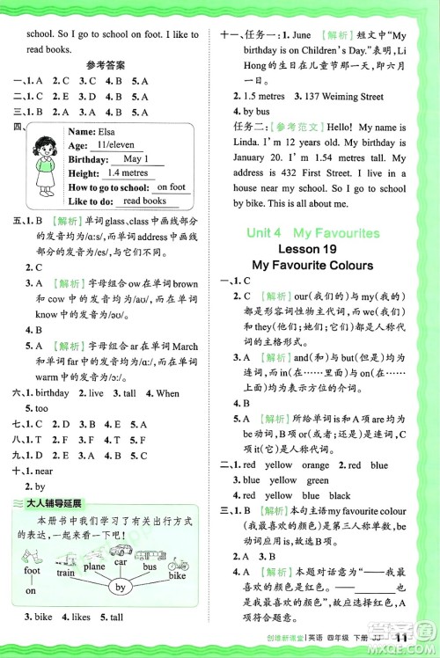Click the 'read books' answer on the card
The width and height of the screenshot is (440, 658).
[145, 201]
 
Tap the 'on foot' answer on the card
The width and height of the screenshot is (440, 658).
[171, 187]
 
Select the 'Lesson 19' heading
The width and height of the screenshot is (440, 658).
[312, 249]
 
